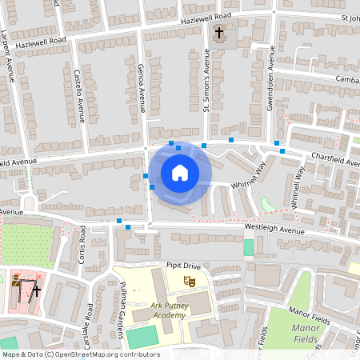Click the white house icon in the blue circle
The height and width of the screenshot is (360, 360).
(179, 172)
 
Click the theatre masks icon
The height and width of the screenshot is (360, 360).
(190, 280)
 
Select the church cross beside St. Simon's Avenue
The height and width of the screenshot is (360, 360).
(220, 34)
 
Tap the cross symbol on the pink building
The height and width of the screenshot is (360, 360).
(36, 290)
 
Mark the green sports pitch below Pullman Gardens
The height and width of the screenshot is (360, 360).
(142, 337)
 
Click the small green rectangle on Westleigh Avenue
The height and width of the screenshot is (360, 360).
(248, 247)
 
